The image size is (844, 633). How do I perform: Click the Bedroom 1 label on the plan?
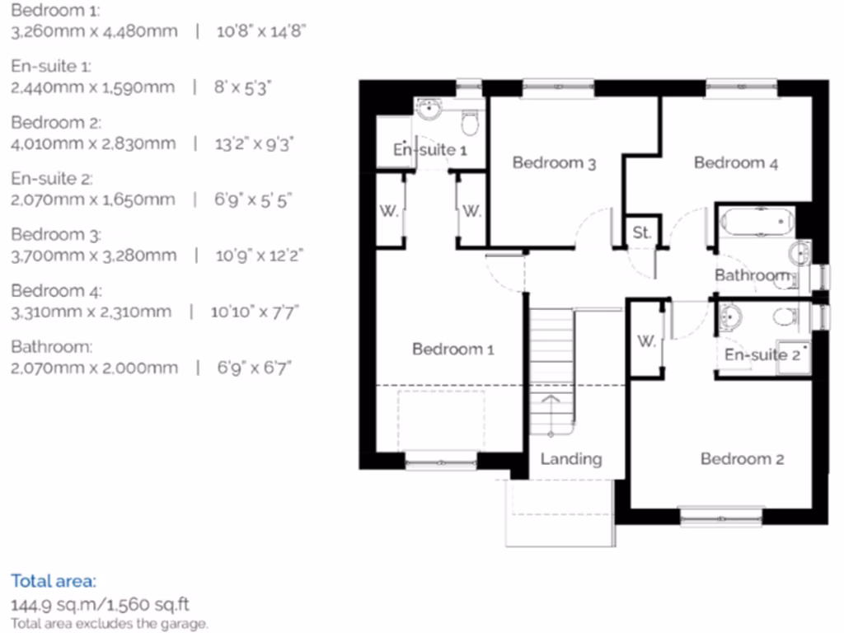point(452,349)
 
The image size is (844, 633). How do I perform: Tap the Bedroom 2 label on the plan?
point(741,459)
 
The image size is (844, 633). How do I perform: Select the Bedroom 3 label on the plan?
point(554,163)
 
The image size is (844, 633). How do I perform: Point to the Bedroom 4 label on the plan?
point(735,163)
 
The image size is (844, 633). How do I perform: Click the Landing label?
point(570,459)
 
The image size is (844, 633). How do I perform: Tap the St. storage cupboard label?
point(641,233)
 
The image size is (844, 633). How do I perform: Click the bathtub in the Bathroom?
point(757,222)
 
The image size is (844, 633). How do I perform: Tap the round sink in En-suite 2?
point(730,316)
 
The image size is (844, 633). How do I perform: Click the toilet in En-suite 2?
point(785,316)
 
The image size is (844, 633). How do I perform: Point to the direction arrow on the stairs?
point(551,406)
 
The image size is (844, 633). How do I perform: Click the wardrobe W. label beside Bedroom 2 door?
point(646,341)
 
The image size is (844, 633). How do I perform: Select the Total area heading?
point(54,580)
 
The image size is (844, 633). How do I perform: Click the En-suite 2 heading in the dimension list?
point(51,178)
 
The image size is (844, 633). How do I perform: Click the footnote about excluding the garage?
point(110,624)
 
